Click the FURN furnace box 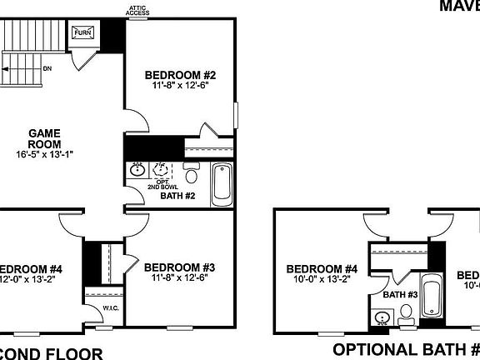point(82,33)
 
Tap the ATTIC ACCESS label point(137,11)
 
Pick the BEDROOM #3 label point(179,267)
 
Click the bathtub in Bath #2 point(222,183)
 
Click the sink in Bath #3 point(384,317)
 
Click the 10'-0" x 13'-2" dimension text point(322,280)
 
